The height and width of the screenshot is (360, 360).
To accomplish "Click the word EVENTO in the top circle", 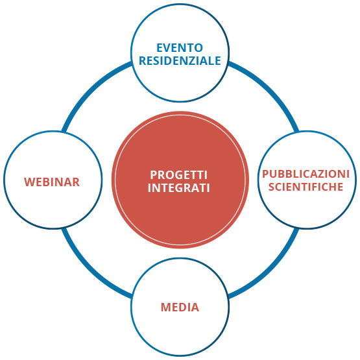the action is coord(180,48).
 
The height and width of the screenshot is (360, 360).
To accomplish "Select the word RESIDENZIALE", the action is coord(180,61).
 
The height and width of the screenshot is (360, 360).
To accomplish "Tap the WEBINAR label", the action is coord(52,182).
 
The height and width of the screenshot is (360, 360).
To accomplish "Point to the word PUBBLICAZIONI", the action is coord(306,174).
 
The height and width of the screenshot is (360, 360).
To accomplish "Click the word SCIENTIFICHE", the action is coord(306,187).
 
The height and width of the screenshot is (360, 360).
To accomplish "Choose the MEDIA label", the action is coord(180,307).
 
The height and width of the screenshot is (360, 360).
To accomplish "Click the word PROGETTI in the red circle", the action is coord(179,175).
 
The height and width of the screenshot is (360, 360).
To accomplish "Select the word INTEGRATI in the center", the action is coord(179,188).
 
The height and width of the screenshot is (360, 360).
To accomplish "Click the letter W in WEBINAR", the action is coord(29,182).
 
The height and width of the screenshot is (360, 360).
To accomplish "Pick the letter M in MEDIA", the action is coord(165,307).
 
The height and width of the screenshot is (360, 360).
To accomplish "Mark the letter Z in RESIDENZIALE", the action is coord(192,61).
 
